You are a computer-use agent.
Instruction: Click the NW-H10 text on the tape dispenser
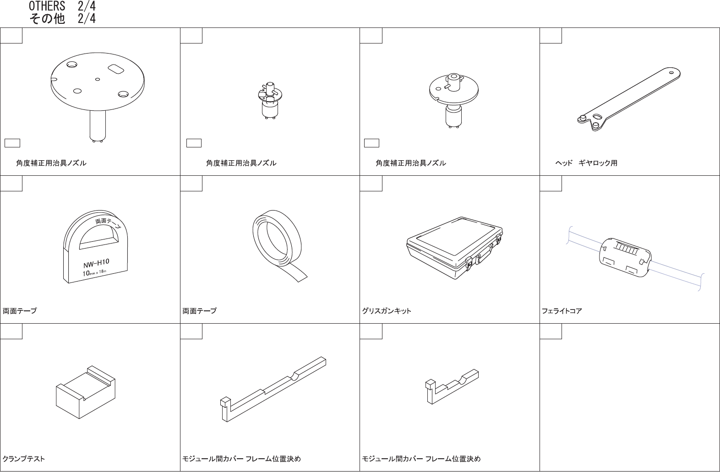96,263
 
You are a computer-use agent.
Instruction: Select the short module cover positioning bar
452,386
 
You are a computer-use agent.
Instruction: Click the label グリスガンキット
387,311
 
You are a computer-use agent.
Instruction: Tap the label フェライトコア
562,311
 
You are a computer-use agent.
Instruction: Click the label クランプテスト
24,459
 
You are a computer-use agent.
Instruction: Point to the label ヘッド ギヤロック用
586,163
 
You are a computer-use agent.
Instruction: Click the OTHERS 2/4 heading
62,6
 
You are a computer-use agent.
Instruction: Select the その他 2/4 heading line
62,19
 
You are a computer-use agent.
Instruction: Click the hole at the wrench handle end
672,72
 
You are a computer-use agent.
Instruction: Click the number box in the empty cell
551,331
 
